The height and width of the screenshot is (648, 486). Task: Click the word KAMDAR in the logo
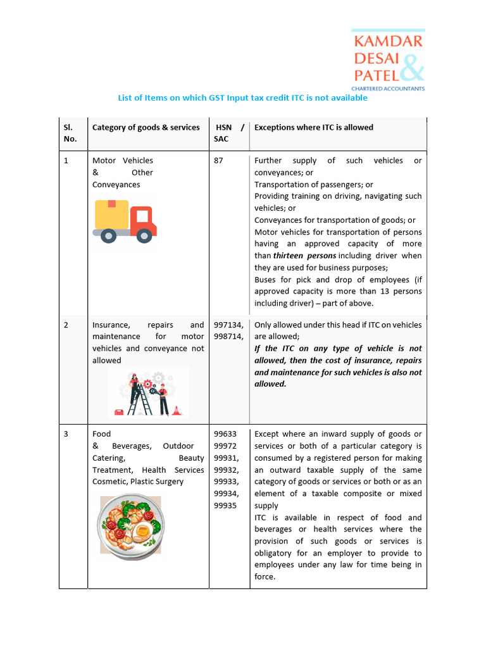[x=388, y=42]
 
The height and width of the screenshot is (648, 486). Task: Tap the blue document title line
[x=242, y=98]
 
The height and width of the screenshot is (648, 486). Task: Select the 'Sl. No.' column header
[x=70, y=133]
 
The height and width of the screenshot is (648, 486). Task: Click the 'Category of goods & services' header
[x=146, y=127]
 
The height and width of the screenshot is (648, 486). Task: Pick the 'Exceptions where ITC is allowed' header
[x=313, y=127]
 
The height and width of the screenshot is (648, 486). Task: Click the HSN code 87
[x=218, y=161]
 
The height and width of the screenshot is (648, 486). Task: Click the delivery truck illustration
[x=125, y=221]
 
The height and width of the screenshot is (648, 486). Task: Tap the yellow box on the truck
[x=111, y=214]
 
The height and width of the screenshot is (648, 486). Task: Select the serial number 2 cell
[x=66, y=325]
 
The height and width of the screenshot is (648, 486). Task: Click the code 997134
[x=228, y=325]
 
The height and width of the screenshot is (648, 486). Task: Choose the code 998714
[x=228, y=337]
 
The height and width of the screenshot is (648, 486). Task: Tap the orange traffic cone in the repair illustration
[x=176, y=410]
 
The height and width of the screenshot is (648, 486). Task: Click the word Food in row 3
[x=101, y=434]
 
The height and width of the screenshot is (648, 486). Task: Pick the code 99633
[x=225, y=434]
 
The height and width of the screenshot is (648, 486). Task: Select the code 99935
[x=225, y=506]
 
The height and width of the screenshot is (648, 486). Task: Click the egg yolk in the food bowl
[x=143, y=529]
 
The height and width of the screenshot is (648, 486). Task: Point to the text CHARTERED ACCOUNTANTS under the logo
[x=388, y=89]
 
